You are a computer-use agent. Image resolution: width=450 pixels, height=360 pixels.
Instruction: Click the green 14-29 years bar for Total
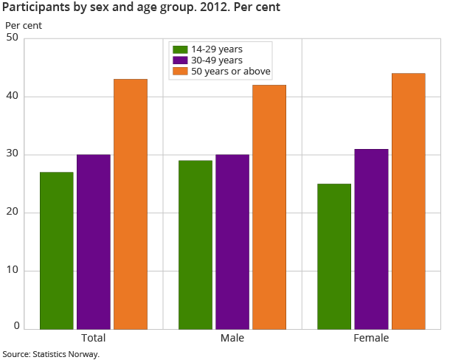pyautogui.click(x=57, y=250)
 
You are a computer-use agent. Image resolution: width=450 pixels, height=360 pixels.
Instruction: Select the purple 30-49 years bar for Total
pyautogui.click(x=94, y=241)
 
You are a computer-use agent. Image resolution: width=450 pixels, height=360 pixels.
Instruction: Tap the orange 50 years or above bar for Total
pyautogui.click(x=131, y=204)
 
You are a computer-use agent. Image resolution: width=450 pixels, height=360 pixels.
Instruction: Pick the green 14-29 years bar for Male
pyautogui.click(x=195, y=244)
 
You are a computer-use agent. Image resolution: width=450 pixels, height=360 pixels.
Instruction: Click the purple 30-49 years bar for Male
pyautogui.click(x=232, y=241)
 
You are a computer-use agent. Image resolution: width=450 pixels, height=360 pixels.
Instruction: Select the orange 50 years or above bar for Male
pyautogui.click(x=269, y=207)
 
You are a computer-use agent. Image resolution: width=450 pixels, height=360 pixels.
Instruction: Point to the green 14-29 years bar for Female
pyautogui.click(x=334, y=256)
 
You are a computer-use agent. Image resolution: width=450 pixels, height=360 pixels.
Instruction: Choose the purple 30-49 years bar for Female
pyautogui.click(x=371, y=238)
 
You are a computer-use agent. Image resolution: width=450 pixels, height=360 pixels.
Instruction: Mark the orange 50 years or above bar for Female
pyautogui.click(x=408, y=201)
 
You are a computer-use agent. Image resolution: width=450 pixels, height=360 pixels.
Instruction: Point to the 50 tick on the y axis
pyautogui.click(x=13, y=38)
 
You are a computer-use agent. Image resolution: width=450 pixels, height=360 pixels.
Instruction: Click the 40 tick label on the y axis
pyautogui.click(x=13, y=97)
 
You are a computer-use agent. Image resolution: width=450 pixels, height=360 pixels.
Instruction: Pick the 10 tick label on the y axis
pyautogui.click(x=13, y=271)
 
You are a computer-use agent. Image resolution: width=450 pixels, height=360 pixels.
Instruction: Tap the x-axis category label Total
pyautogui.click(x=94, y=339)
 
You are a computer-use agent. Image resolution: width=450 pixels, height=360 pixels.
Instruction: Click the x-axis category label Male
pyautogui.click(x=232, y=339)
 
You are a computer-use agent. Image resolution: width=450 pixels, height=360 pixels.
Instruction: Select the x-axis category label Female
pyautogui.click(x=371, y=339)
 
